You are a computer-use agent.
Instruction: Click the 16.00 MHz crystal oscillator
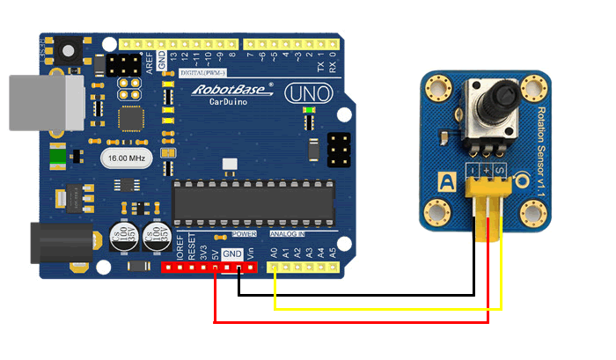click(x=127, y=158)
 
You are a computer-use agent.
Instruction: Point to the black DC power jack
click(x=62, y=242)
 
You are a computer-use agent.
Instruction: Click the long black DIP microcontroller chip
click(x=253, y=202)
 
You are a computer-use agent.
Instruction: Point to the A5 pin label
click(x=332, y=253)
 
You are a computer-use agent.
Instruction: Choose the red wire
click(x=352, y=322)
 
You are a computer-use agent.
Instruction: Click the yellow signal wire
click(x=387, y=309)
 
